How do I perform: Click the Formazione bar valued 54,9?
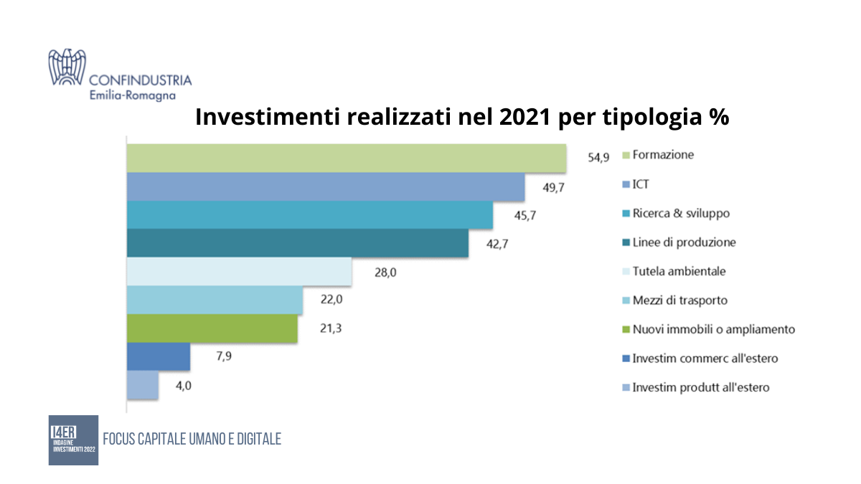[346, 158]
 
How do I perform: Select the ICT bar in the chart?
[326, 186]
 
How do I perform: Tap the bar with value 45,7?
[309, 215]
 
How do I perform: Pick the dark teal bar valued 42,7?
[297, 243]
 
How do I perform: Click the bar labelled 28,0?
[239, 272]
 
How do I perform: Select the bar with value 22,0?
[215, 300]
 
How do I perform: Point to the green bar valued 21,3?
[212, 329]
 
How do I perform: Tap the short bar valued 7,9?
[159, 357]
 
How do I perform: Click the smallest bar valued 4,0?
[143, 386]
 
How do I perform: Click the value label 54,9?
[598, 158]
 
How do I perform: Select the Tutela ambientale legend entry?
[679, 272]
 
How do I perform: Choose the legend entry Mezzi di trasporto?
[679, 300]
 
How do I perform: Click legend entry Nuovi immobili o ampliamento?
[713, 329]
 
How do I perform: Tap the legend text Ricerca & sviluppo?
[681, 214]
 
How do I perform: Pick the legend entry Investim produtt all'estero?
[700, 387]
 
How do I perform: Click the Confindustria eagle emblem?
[67, 67]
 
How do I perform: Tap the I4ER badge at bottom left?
[73, 440]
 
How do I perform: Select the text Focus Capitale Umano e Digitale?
[192, 439]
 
